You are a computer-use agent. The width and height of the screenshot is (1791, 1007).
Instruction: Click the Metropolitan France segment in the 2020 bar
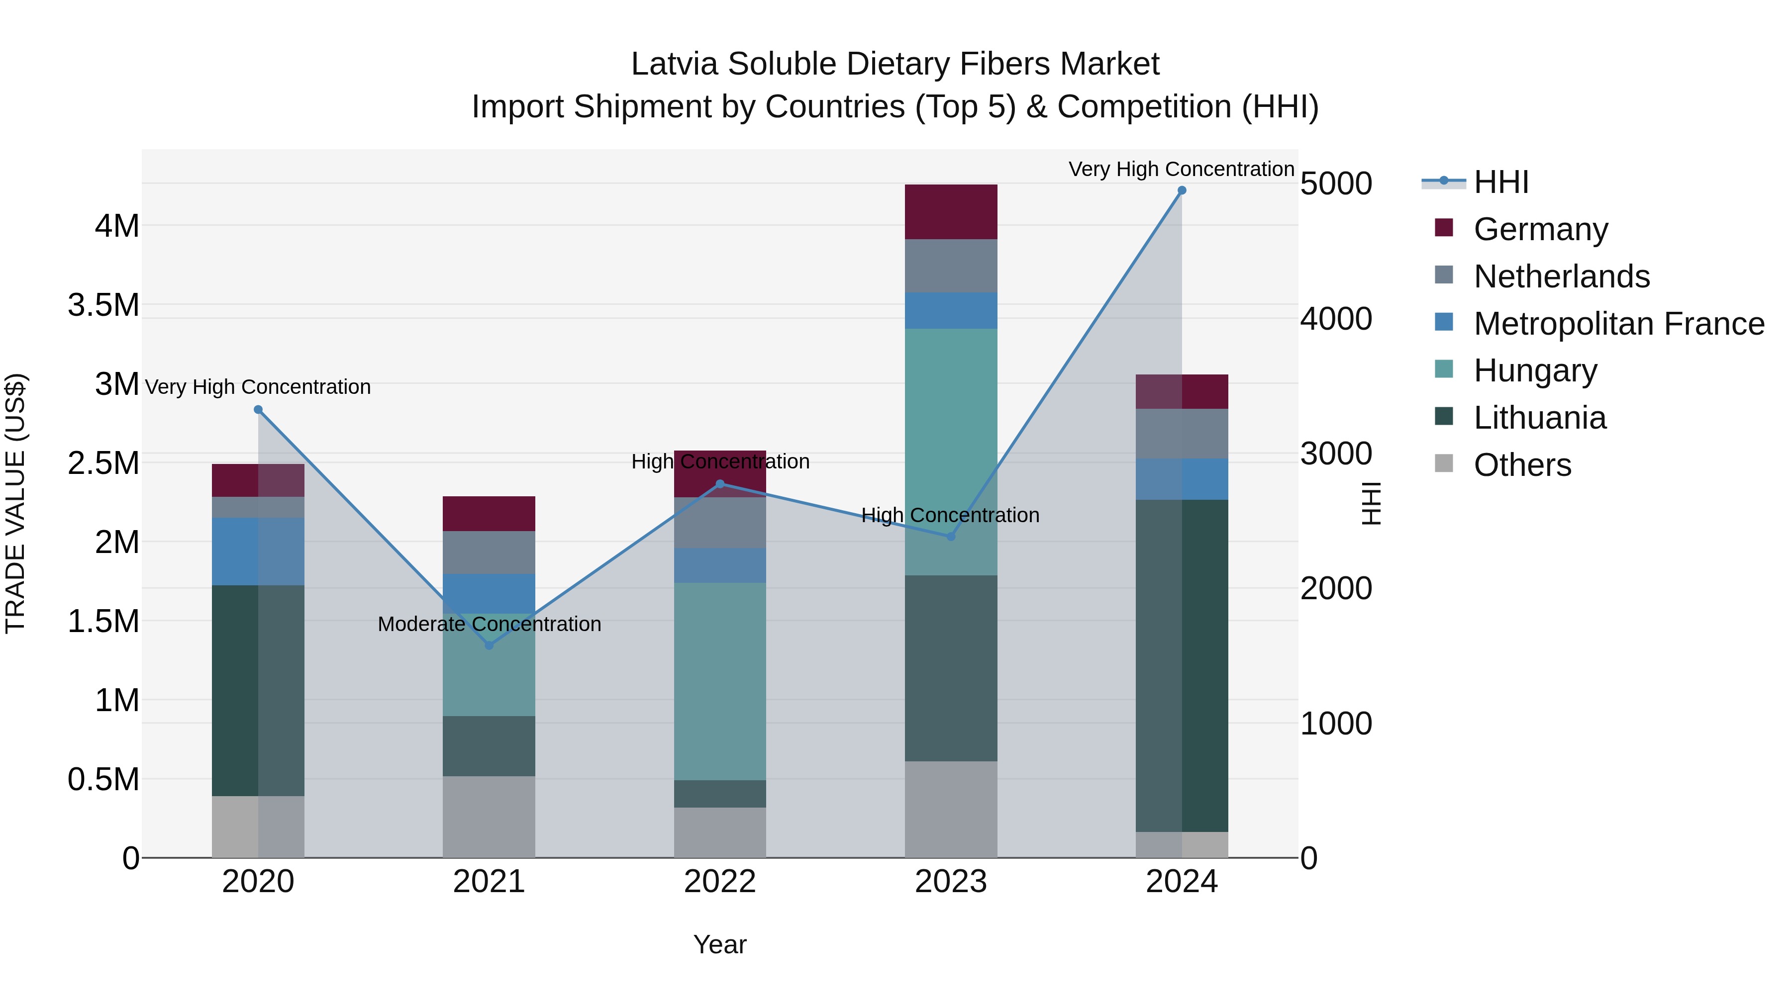[x=258, y=551]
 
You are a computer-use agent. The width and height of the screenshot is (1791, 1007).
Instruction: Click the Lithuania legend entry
[x=1539, y=418]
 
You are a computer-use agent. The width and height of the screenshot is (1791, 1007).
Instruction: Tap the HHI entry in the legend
[x=1500, y=182]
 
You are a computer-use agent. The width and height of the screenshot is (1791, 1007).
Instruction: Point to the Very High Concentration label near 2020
[x=258, y=386]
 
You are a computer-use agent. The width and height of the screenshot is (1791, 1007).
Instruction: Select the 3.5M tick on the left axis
[x=103, y=305]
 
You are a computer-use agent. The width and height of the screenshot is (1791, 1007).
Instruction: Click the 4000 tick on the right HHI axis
[x=1336, y=319]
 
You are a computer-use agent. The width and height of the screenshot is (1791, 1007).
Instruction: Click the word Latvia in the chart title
[x=675, y=64]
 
